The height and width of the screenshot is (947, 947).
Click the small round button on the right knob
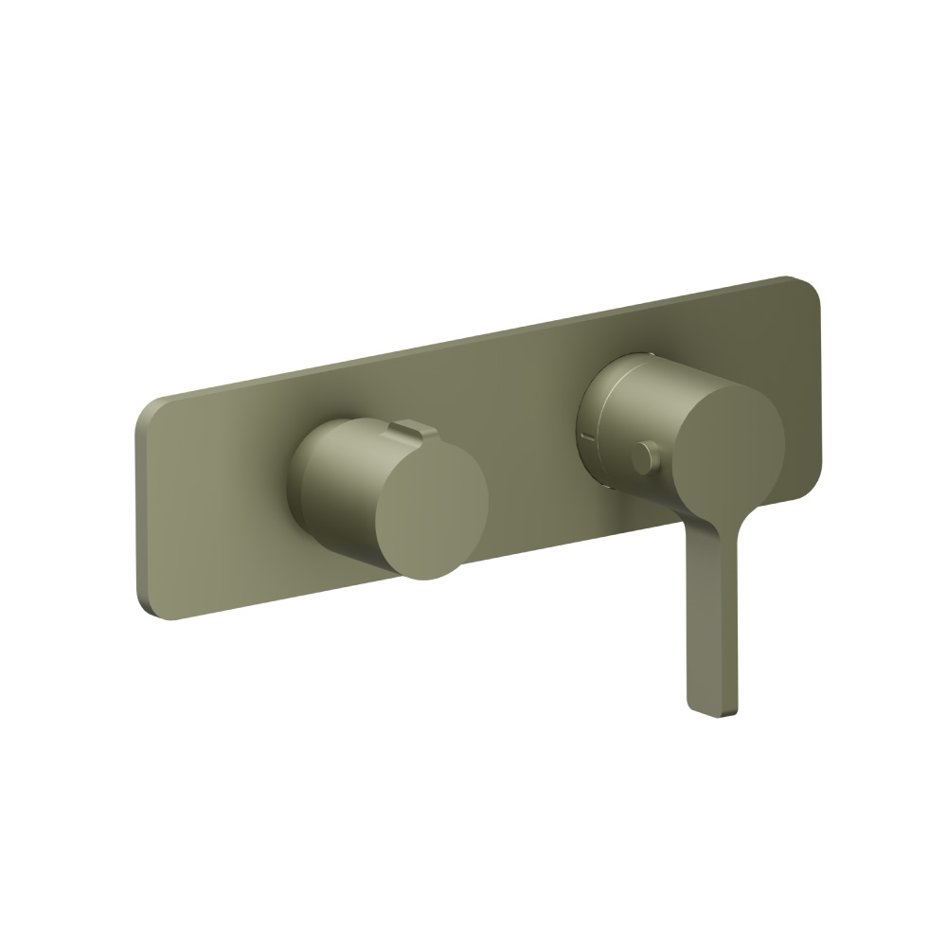[x=647, y=458]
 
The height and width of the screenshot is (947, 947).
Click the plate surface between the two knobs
[x=530, y=445]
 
